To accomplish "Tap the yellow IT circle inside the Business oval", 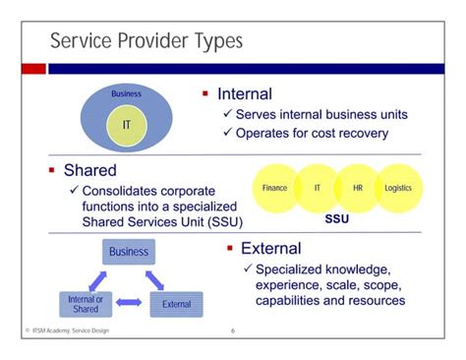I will (x=127, y=125).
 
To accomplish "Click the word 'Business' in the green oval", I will (x=126, y=94).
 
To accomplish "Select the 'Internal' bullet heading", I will (x=245, y=95).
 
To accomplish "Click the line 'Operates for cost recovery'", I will (x=312, y=133).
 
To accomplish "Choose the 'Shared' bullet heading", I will (x=89, y=170).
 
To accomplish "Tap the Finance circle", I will (x=275, y=187).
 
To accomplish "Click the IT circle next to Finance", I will (x=317, y=187).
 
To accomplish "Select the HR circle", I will (x=357, y=187).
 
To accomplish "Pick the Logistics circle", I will (x=398, y=187).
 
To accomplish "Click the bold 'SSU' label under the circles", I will (x=337, y=219).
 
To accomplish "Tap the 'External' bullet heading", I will (x=270, y=248).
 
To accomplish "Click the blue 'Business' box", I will (x=129, y=252).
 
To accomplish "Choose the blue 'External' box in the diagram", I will (x=177, y=304).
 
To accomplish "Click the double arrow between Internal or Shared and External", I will (x=129, y=304).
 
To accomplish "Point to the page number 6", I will (x=233, y=330).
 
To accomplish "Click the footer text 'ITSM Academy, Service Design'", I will (x=68, y=330).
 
